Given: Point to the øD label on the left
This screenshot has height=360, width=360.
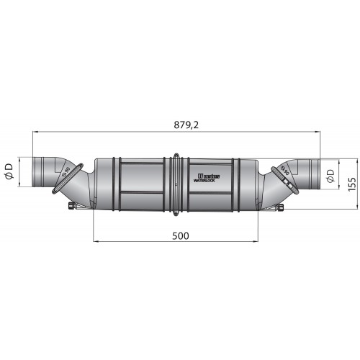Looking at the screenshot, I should pos(10,172).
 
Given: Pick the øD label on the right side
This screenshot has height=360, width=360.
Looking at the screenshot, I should pos(329,175).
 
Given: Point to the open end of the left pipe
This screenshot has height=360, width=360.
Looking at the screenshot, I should pos(35,172).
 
